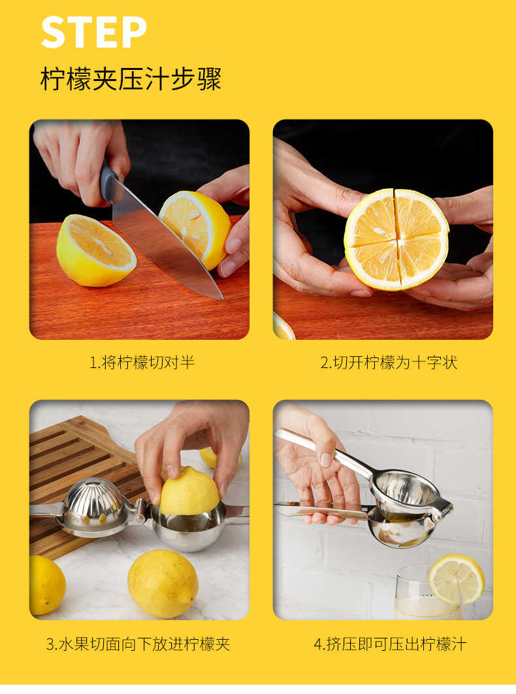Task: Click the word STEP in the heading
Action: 93,32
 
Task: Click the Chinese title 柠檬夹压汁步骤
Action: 131,79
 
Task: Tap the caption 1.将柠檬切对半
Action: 142,363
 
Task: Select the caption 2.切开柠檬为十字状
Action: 389,363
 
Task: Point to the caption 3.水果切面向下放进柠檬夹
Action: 138,644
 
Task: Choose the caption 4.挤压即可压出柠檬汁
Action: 390,644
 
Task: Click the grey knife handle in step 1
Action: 108,183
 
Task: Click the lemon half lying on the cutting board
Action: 96,250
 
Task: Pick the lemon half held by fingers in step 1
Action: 195,227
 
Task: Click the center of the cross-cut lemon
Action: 397,239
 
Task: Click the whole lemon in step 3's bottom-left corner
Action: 46,585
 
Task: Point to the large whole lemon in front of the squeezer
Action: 163,584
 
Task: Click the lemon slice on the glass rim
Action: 457,579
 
